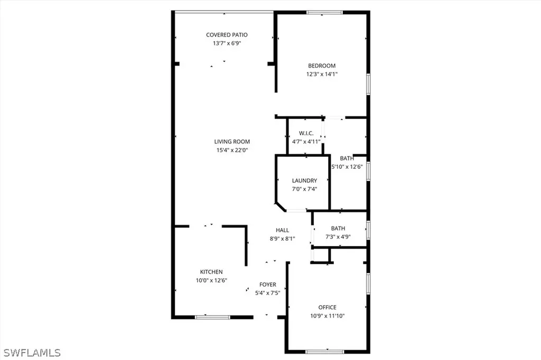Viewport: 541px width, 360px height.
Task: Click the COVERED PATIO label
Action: [x=227, y=35]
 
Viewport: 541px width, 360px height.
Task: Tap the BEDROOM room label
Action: [x=322, y=66]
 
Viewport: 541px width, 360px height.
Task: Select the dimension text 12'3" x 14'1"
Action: [x=322, y=74]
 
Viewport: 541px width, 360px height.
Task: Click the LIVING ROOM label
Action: [x=232, y=141]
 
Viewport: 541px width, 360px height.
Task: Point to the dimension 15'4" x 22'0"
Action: [x=232, y=150]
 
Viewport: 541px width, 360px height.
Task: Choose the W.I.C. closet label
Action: [x=306, y=133]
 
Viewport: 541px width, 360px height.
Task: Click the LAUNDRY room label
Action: [x=304, y=181]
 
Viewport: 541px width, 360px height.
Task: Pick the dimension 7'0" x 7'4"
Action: [x=304, y=188]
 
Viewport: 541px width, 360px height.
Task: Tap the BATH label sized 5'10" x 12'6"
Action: [x=347, y=158]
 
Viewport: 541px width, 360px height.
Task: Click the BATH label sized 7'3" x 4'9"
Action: [x=338, y=229]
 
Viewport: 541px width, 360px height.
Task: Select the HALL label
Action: [x=282, y=230]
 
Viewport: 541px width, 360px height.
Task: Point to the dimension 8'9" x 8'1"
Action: [x=282, y=239]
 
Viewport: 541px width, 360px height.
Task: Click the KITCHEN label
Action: [x=211, y=272]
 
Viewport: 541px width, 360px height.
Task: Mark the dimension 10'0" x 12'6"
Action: [x=211, y=280]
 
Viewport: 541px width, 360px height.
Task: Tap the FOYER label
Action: [x=267, y=285]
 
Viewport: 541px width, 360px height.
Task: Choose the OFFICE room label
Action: [x=327, y=307]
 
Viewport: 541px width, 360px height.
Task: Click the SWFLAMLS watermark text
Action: [x=33, y=352]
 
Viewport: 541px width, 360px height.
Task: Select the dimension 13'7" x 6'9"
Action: [x=227, y=43]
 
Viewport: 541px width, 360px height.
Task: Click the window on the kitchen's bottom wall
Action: [x=212, y=317]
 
